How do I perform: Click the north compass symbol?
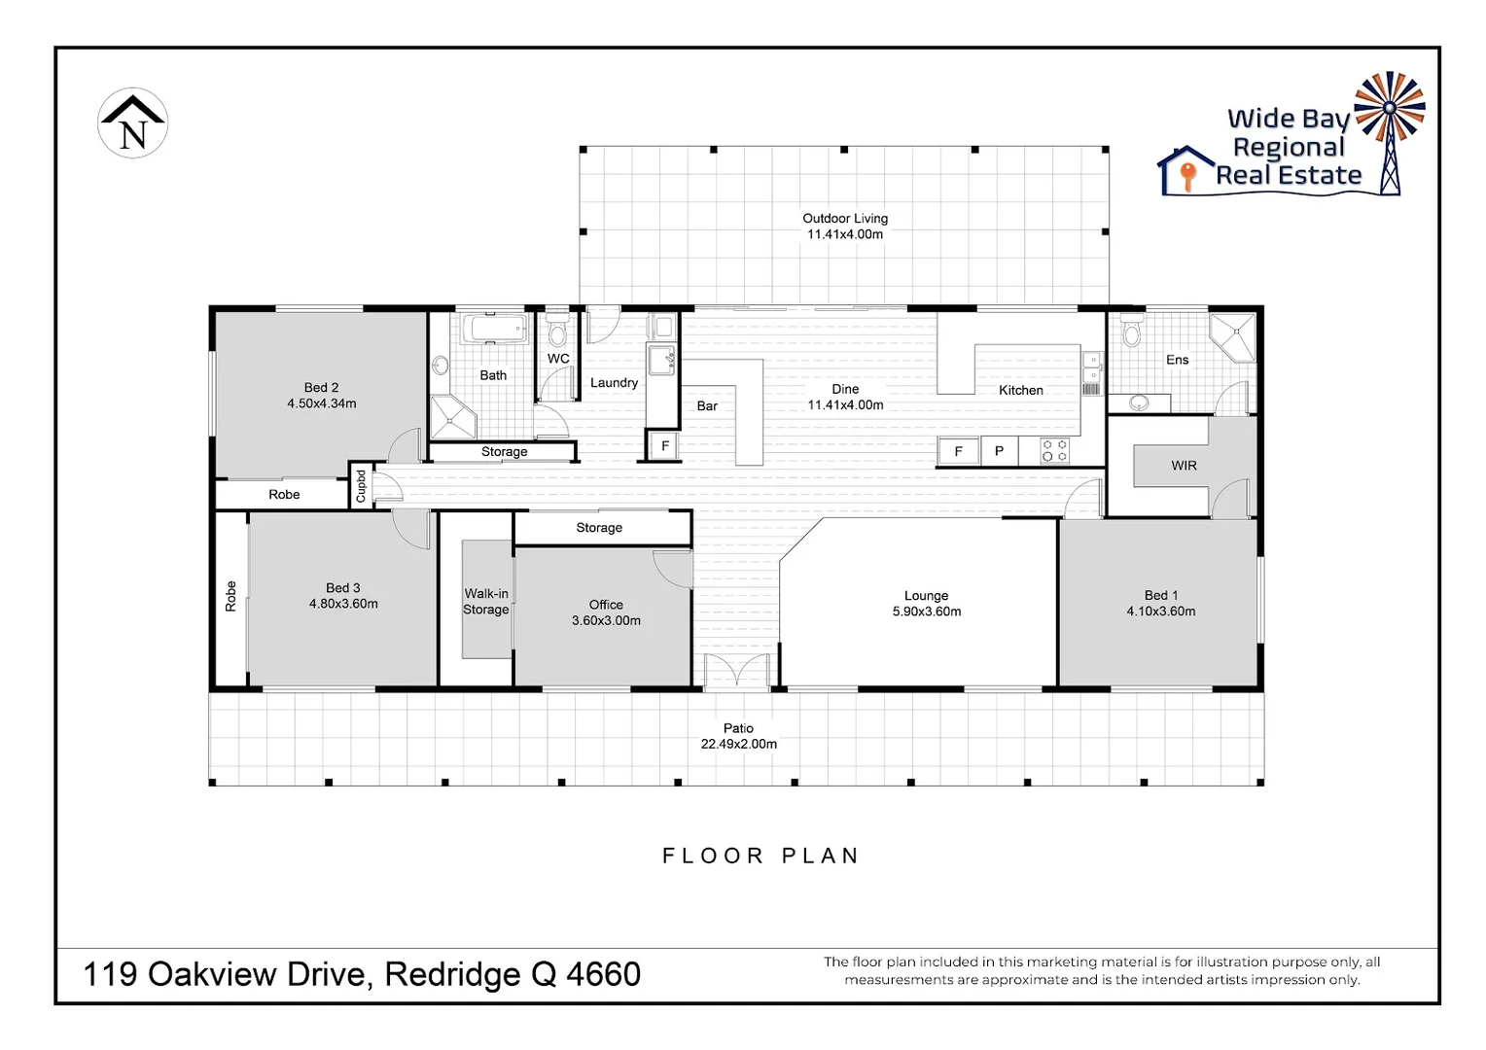point(133,123)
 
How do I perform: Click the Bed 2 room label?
point(321,387)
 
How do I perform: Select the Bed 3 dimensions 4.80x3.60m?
point(343,604)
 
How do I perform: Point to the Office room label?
point(606,604)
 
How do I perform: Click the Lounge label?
point(926,595)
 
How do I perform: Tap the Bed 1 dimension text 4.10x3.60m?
point(1161,612)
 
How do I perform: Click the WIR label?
point(1184,466)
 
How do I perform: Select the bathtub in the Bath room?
point(494,329)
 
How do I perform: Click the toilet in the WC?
point(557,331)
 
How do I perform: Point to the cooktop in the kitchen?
point(1055,451)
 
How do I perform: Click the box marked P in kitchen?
point(999,451)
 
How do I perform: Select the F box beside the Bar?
point(665,446)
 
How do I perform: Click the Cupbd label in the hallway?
point(361,486)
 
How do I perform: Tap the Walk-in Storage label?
point(485,602)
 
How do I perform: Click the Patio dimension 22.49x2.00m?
point(738,744)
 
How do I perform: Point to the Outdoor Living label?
point(844,218)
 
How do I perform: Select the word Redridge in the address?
point(450,973)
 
